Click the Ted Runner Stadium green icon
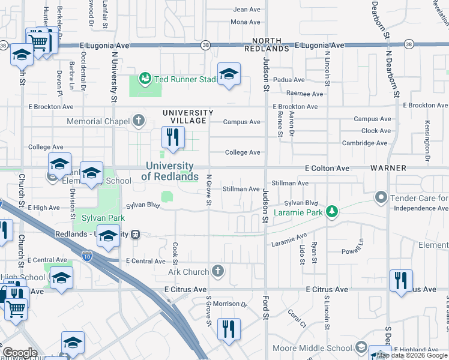click(144, 79)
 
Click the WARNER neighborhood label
click(388, 168)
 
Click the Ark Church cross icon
click(218, 272)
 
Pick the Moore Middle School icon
click(361, 347)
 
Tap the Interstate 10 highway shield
click(88, 256)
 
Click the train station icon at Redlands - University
click(136, 235)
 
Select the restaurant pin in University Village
click(171, 138)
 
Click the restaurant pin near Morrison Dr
click(228, 329)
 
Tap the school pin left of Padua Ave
click(228, 74)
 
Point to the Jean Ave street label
click(247, 10)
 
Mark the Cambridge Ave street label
click(364, 143)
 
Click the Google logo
click(19, 353)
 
